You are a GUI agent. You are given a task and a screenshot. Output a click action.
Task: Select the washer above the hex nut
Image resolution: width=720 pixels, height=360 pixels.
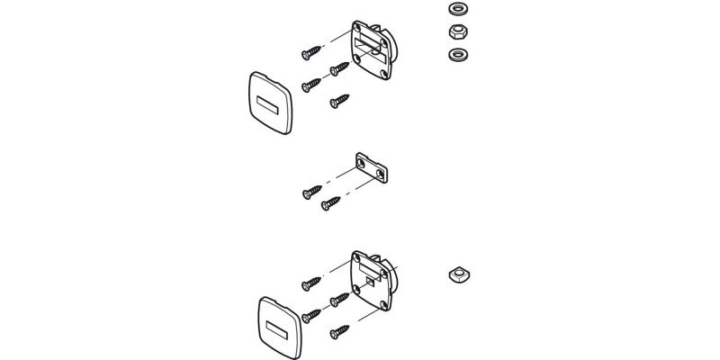(454, 10)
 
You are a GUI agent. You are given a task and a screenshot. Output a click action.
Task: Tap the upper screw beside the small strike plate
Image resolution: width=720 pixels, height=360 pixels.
(311, 191)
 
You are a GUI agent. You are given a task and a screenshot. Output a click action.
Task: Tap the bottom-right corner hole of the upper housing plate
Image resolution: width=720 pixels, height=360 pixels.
(385, 79)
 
